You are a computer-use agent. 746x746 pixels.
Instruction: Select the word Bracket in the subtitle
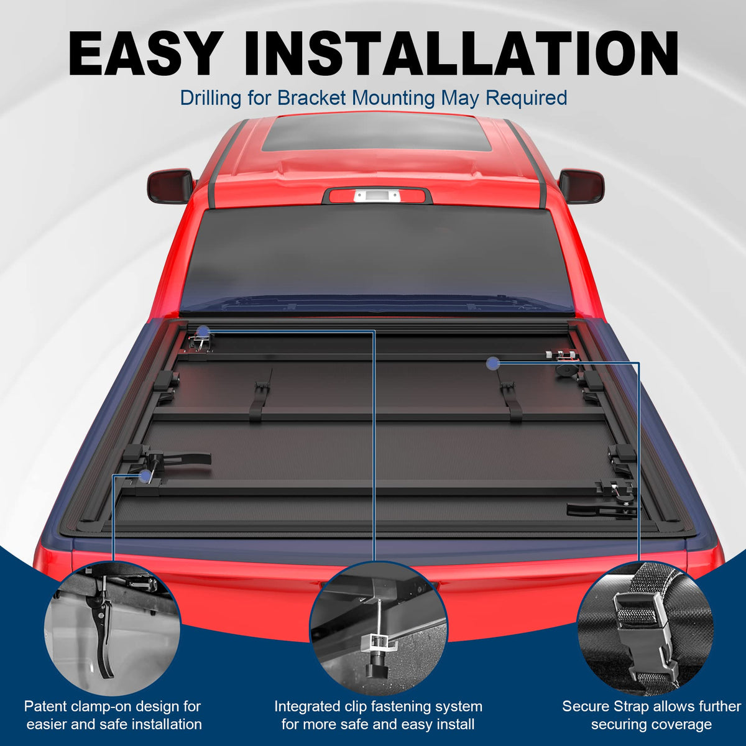[x=311, y=98]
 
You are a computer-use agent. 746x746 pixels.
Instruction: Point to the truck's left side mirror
[x=170, y=186]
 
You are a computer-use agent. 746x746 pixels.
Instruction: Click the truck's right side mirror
[x=581, y=186]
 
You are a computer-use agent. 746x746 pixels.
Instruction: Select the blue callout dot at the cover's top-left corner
[x=203, y=331]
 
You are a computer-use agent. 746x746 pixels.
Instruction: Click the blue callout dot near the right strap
[x=492, y=363]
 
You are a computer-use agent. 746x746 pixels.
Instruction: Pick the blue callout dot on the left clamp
[x=145, y=476]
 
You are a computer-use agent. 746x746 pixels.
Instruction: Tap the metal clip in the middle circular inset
[x=378, y=644]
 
